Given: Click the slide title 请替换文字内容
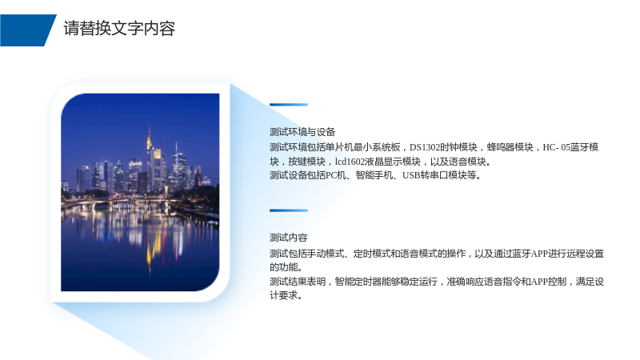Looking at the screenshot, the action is point(119,29).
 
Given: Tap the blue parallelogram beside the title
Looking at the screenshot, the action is point(27,30).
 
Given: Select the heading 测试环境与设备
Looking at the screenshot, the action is point(302,132).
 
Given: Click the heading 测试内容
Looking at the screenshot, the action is point(289,238).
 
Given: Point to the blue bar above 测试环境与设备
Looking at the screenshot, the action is point(289,105).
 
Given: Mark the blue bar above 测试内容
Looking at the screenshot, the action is point(289,210).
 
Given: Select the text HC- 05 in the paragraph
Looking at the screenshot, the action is point(556,147).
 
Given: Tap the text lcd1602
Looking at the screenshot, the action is point(349,162).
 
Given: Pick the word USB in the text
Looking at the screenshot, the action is point(411,175).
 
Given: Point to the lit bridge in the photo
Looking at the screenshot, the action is point(122,201).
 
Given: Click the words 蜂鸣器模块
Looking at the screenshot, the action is point(510,147).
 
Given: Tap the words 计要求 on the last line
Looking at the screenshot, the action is point(283,295).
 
